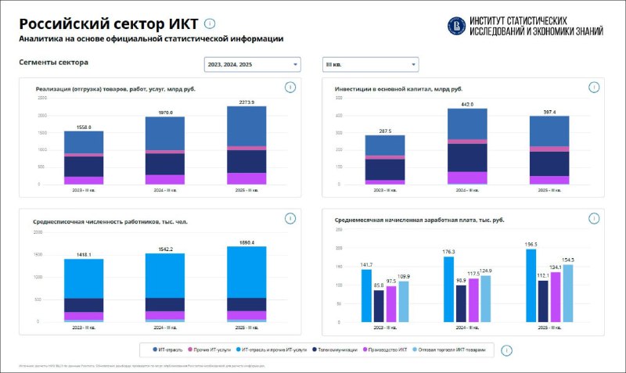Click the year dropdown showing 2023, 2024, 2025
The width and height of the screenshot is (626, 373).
[x=251, y=65]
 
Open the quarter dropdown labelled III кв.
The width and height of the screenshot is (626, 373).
[x=369, y=65]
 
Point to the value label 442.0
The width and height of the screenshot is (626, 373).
[x=467, y=105]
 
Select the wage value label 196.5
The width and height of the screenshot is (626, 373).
[x=531, y=243]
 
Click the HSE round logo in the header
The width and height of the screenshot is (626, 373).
[x=455, y=27]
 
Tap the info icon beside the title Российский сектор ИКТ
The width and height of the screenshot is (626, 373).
[x=209, y=24]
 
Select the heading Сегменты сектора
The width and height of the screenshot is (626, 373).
[x=53, y=62]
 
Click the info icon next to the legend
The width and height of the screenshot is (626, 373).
[x=506, y=351]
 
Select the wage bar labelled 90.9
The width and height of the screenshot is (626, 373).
[x=461, y=303]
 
